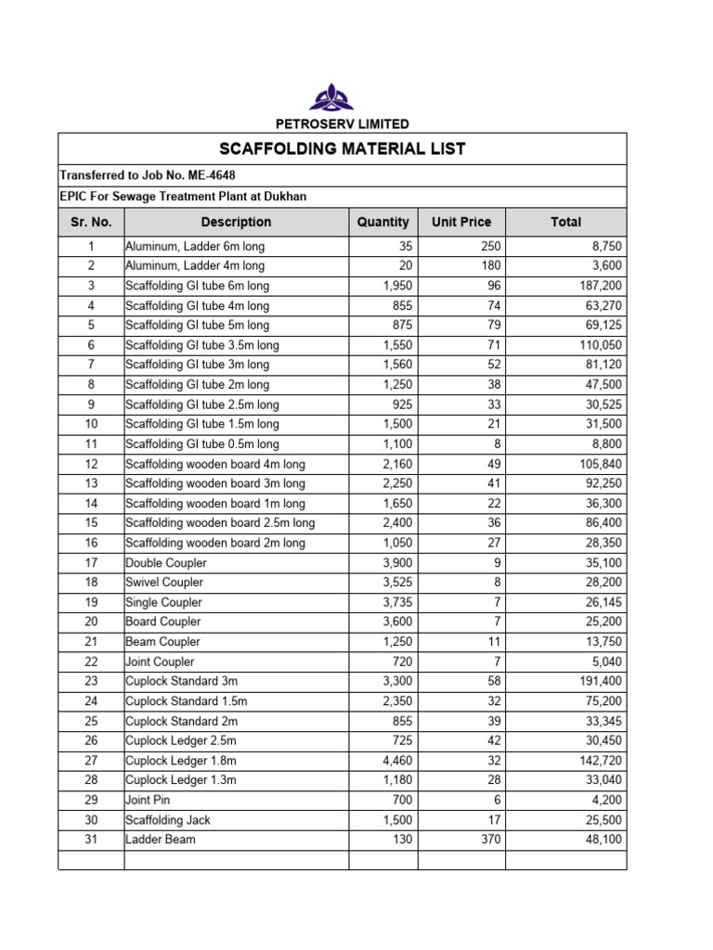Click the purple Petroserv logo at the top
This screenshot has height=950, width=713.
[x=344, y=96]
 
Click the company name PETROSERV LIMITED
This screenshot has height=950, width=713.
[x=343, y=123]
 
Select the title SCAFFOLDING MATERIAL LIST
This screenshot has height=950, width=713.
[x=343, y=149]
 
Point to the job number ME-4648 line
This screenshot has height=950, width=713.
[x=154, y=175]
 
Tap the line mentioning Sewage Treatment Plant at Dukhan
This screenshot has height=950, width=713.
[x=183, y=197]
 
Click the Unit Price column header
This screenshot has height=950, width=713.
[x=461, y=222]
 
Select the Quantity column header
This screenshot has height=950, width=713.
[x=382, y=222]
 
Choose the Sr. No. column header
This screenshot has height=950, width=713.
[x=91, y=222]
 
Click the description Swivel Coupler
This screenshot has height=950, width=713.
[x=164, y=583]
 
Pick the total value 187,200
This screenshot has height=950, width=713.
[x=599, y=286]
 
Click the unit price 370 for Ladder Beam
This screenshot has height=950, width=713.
[x=489, y=840]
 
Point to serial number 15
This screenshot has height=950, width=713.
[x=91, y=523]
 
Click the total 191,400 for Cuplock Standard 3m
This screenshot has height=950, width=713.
[x=599, y=681]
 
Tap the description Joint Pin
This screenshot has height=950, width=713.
[x=148, y=800]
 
